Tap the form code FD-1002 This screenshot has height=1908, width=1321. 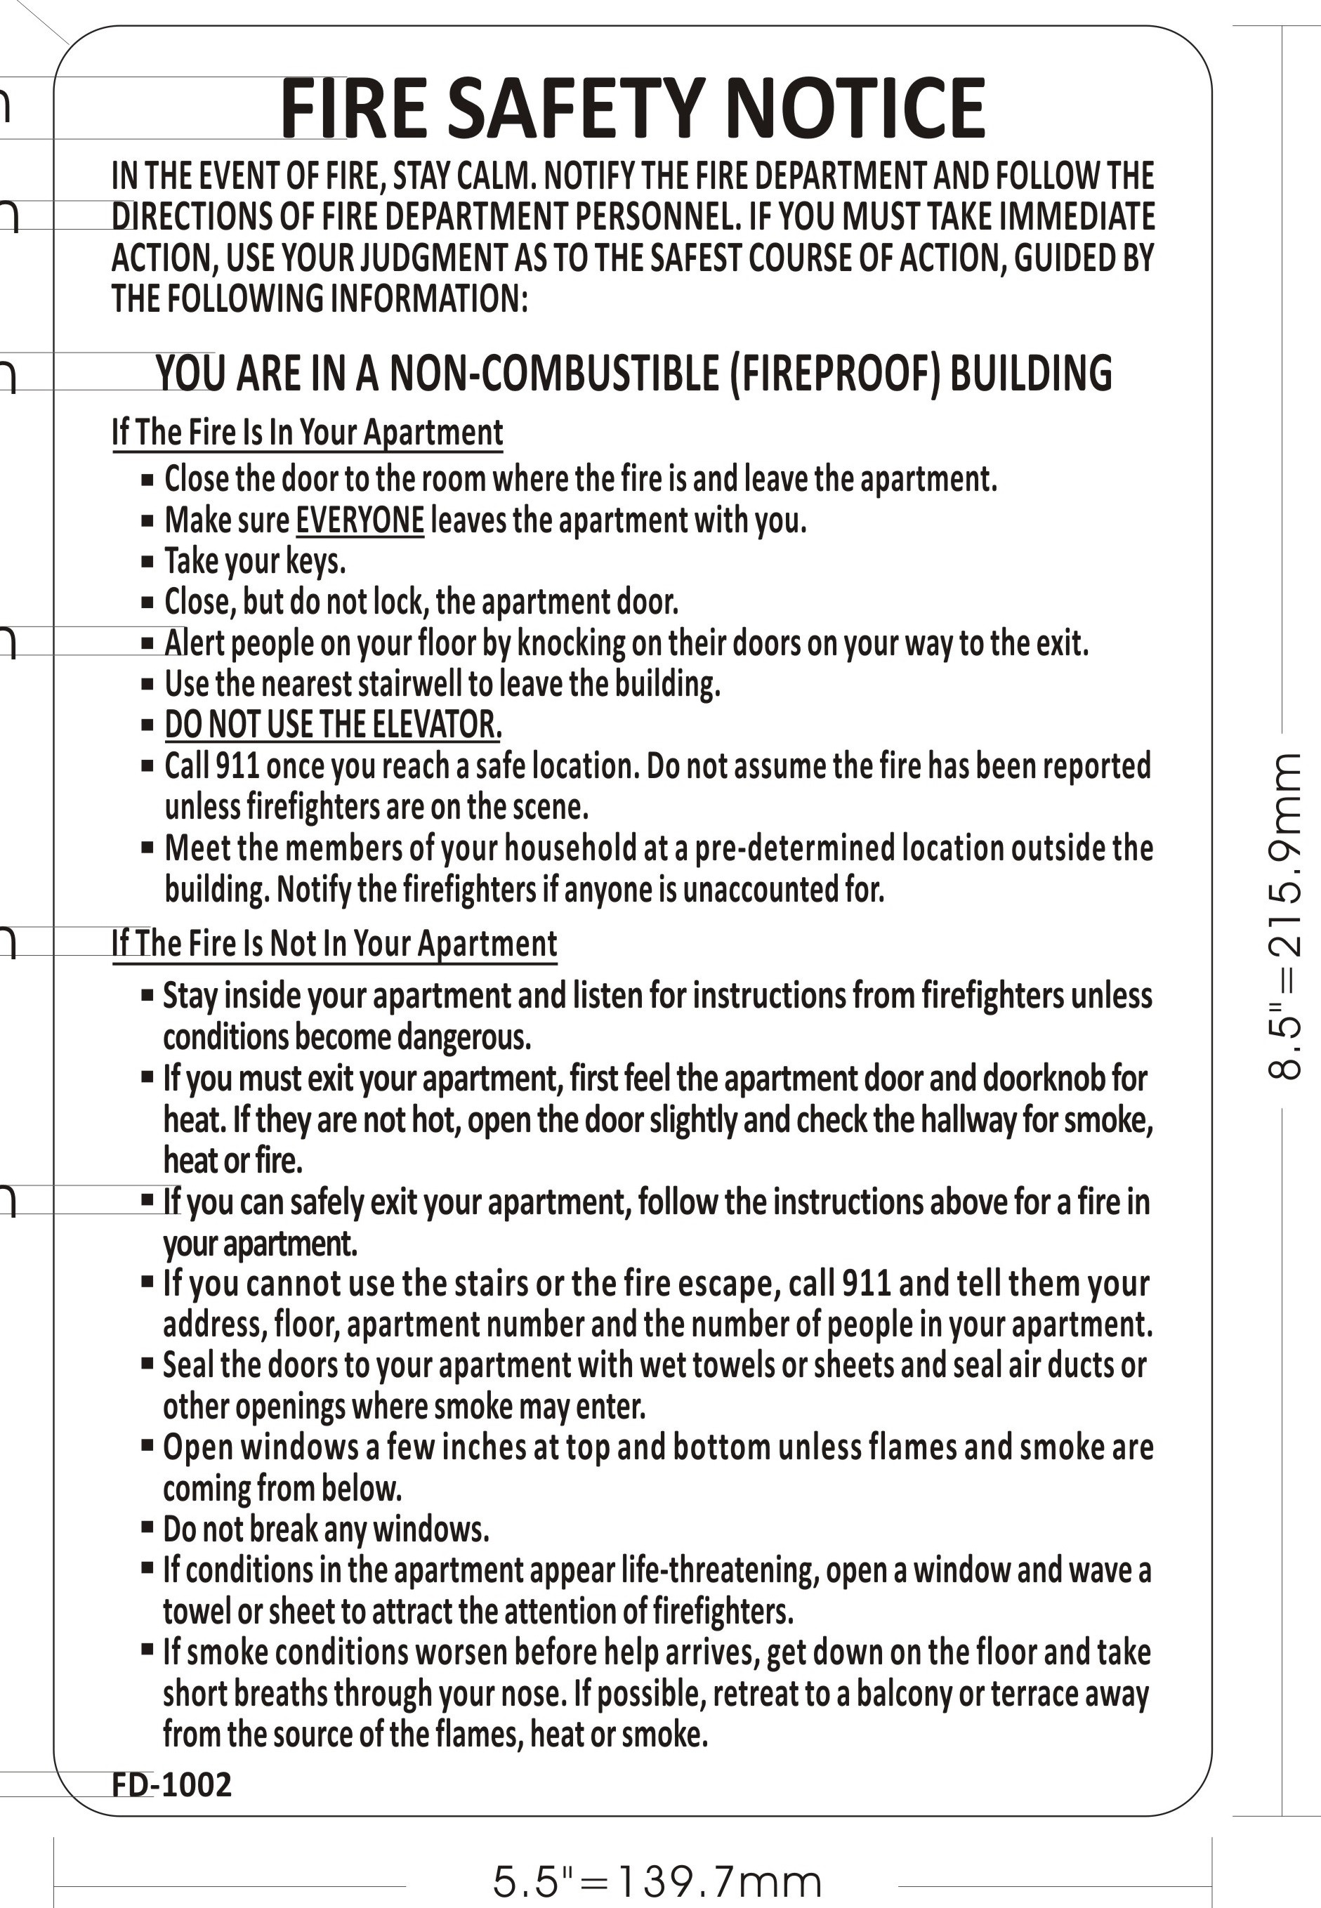point(171,1784)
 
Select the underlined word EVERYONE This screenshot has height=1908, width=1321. point(360,520)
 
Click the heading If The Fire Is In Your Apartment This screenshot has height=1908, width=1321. point(307,433)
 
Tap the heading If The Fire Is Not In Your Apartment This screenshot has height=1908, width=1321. point(334,943)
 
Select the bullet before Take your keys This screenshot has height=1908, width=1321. point(147,562)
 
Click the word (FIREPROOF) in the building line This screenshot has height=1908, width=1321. point(836,373)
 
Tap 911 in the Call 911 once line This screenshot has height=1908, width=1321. point(238,766)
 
